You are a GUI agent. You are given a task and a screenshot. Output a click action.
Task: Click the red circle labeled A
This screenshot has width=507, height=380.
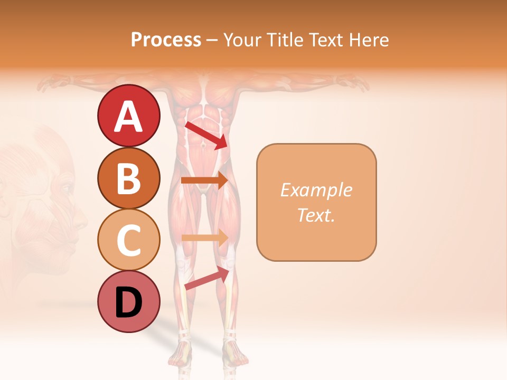(129, 116)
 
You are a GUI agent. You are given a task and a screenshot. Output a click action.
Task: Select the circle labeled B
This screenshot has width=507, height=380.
(129, 178)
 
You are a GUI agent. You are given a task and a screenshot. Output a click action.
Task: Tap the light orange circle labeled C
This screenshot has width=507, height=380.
(129, 240)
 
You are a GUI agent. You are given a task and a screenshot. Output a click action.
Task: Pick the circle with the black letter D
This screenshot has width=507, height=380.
(129, 301)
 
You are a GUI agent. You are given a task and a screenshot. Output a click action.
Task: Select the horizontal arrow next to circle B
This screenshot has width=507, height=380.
(204, 180)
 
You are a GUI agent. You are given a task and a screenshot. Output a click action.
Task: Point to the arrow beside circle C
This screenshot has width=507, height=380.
(204, 238)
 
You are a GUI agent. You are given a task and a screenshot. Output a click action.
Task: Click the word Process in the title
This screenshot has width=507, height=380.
(166, 40)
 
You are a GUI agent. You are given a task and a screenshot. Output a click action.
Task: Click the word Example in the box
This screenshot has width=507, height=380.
(316, 190)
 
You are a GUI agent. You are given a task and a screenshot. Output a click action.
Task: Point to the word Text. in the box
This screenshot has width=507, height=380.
(316, 215)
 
